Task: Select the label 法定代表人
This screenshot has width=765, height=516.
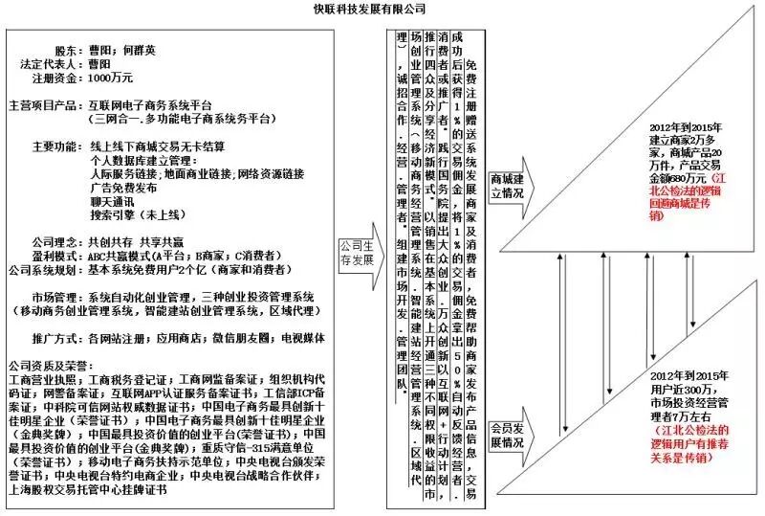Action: click(50, 63)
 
